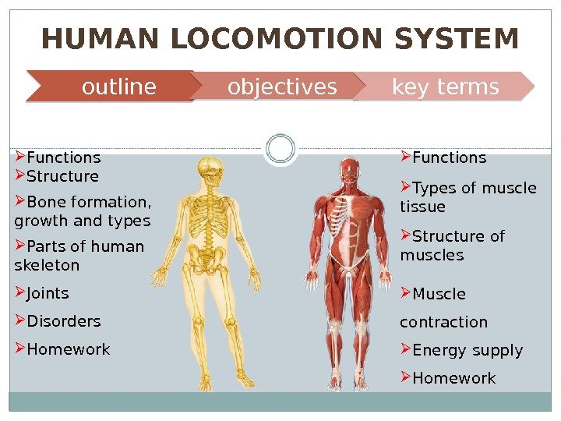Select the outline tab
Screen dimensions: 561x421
coord(118,87)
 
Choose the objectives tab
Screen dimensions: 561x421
coord(282,87)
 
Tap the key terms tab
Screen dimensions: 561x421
coord(445,87)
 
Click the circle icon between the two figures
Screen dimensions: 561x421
coord(280,148)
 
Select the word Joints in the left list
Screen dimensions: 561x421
coord(48,294)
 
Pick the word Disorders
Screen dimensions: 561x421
coord(63,322)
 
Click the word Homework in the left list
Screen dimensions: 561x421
coord(68,350)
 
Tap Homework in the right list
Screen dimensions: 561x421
coord(453,379)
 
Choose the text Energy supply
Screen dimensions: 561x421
coord(467,351)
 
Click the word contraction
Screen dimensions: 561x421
coord(443,323)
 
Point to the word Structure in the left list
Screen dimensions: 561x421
coord(62,176)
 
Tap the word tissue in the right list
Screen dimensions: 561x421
coord(422,207)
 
